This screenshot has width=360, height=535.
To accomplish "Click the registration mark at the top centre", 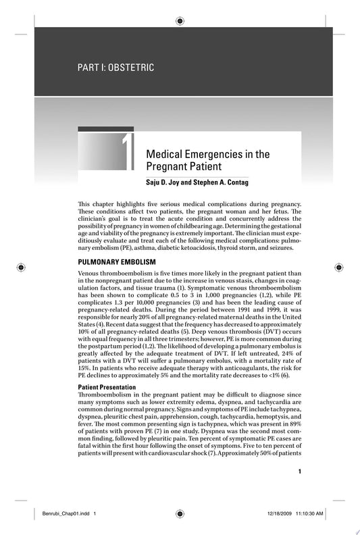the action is pyautogui.click(x=180, y=22).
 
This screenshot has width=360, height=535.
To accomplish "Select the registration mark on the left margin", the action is pyautogui.click(x=23, y=267).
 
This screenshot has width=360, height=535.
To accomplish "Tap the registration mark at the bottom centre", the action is pyautogui.click(x=180, y=513).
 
